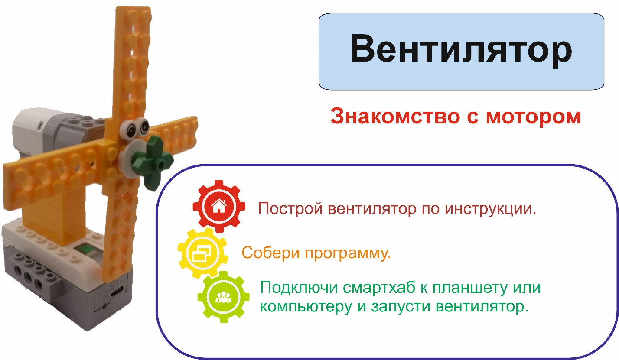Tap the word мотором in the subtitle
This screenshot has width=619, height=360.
pyautogui.click(x=533, y=117)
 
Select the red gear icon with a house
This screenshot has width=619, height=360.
pyautogui.click(x=219, y=206)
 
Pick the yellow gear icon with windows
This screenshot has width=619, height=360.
pyautogui.click(x=203, y=253)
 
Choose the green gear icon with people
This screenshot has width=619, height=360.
pyautogui.click(x=223, y=297)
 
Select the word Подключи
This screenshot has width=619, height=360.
pyautogui.click(x=299, y=288)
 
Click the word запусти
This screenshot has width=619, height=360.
pyautogui.click(x=401, y=307)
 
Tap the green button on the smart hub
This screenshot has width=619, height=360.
pyautogui.click(x=87, y=249)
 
